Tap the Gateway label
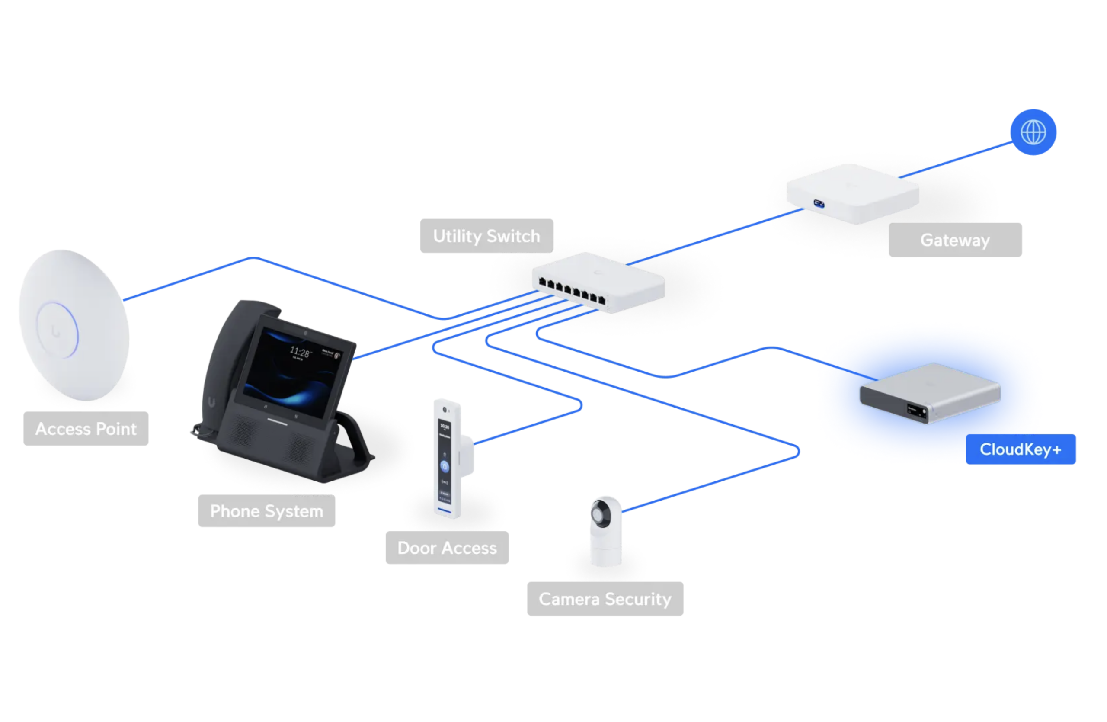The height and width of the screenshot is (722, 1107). click(x=954, y=240)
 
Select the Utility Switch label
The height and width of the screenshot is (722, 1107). click(x=486, y=236)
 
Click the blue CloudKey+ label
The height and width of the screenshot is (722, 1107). click(x=1020, y=449)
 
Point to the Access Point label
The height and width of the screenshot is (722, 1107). click(x=86, y=428)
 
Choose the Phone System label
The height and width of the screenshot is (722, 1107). click(x=266, y=511)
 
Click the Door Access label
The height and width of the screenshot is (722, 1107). click(x=447, y=548)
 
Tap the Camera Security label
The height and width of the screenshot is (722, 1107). click(x=605, y=599)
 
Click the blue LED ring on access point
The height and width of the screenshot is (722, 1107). click(x=58, y=331)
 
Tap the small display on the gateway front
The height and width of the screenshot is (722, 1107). click(x=818, y=204)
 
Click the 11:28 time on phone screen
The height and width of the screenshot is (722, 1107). click(x=300, y=352)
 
